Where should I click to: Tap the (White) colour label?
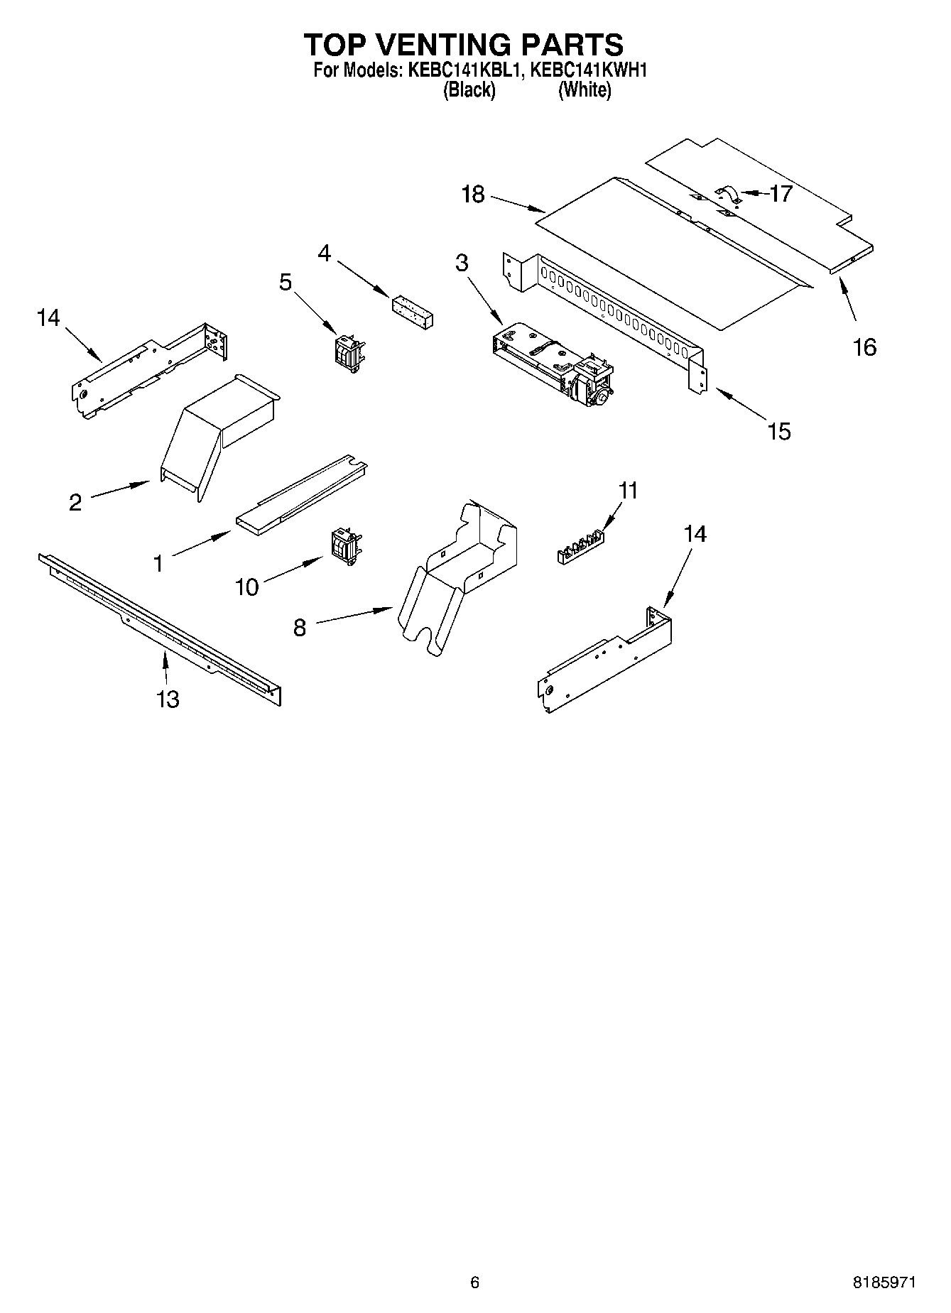coord(584,90)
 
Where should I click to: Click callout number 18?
coord(472,194)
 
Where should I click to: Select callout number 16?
coord(864,347)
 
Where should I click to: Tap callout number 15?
coord(779,431)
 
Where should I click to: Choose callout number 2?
coord(75,503)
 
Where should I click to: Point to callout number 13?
coord(168,699)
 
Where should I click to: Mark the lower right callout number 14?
coord(695,533)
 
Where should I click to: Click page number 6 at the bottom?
coord(474,1282)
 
